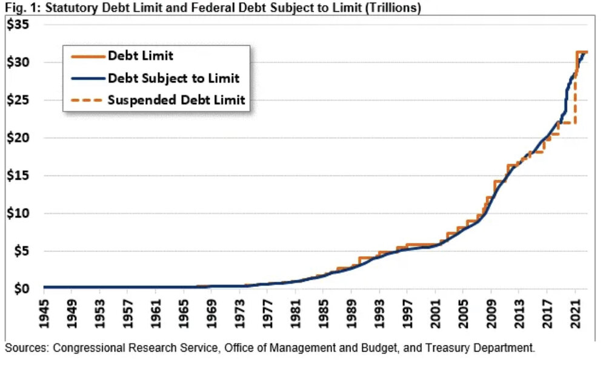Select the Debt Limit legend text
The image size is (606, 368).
(141, 56)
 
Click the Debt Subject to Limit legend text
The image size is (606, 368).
(173, 78)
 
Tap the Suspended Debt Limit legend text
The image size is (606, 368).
(176, 100)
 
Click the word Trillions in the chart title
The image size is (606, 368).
(396, 8)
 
